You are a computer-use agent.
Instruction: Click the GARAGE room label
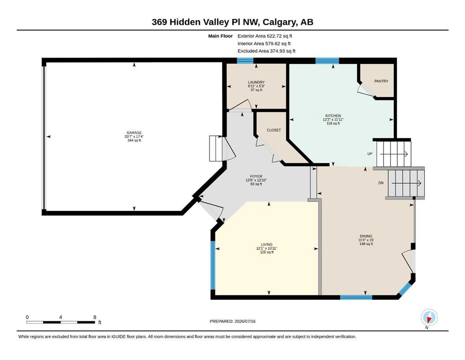[134, 133]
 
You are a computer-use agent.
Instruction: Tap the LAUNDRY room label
[256, 82]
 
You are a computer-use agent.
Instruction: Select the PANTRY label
[381, 81]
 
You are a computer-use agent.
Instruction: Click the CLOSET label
[274, 130]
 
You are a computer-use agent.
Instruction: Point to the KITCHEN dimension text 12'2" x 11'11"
[333, 120]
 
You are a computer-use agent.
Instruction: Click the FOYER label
[256, 176]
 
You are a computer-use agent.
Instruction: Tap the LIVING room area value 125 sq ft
[266, 252]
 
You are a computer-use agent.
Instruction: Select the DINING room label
[366, 236]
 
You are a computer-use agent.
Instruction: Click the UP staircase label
[370, 154]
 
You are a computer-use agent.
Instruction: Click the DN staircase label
[381, 183]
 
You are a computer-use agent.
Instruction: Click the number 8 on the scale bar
[95, 317]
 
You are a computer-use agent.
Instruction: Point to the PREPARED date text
[232, 321]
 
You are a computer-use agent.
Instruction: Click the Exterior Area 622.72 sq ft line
[265, 36]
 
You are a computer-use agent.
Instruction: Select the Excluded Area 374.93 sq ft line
[266, 51]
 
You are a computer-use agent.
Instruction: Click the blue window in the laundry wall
[245, 60]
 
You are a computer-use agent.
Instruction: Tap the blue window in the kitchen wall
[327, 60]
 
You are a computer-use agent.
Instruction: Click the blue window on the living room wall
[213, 265]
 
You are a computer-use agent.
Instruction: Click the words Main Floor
[221, 36]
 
